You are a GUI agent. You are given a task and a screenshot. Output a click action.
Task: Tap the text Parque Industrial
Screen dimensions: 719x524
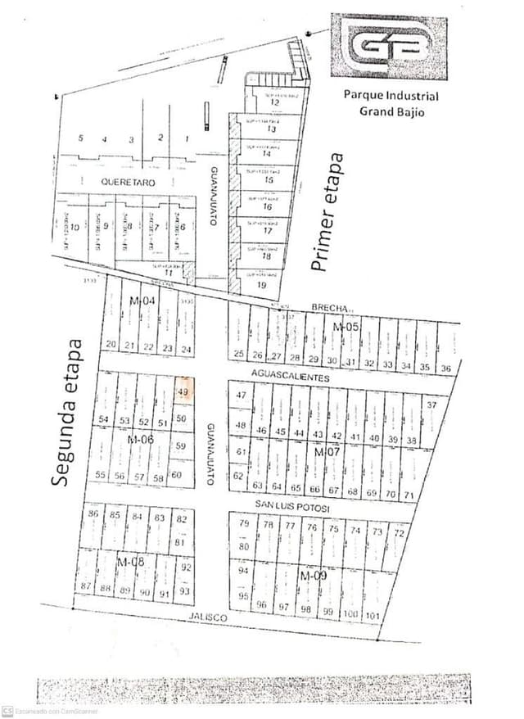(x=391, y=96)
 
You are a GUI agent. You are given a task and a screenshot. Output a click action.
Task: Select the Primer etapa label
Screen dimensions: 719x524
(x=327, y=211)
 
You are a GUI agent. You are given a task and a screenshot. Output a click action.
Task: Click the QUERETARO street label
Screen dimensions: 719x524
(x=127, y=182)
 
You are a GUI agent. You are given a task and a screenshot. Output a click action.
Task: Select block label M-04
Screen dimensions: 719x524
(x=142, y=301)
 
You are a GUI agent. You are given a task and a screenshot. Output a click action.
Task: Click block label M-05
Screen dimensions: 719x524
(x=346, y=328)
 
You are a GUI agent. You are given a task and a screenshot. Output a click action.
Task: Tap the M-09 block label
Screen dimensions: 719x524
(x=314, y=577)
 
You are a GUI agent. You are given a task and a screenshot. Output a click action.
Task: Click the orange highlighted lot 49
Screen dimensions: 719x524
(x=183, y=391)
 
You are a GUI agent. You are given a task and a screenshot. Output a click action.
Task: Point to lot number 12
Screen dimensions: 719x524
(x=263, y=102)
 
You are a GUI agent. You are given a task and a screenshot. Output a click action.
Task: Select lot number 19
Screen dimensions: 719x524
(x=261, y=285)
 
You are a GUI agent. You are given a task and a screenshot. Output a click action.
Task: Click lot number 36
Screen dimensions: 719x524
(x=445, y=368)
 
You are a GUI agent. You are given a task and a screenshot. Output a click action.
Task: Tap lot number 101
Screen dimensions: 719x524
(x=373, y=614)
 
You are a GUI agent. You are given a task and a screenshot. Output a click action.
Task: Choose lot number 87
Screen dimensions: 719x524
(x=85, y=586)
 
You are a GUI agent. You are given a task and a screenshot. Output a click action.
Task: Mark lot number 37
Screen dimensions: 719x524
(x=432, y=405)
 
